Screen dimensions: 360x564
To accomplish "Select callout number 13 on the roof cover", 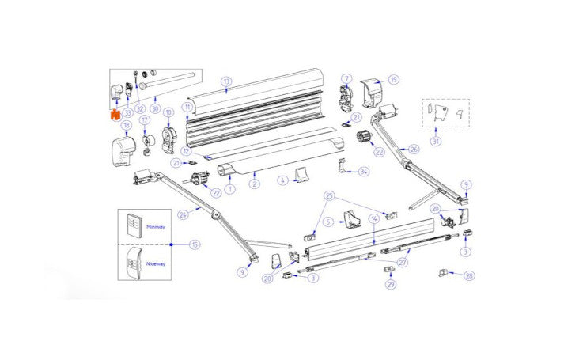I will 225,81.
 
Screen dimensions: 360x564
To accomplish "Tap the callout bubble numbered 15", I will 195,245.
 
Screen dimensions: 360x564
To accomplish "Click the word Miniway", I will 156,226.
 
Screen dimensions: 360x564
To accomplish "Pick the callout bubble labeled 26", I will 413,149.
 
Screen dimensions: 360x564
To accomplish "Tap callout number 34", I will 363,171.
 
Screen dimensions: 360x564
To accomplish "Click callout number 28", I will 470,275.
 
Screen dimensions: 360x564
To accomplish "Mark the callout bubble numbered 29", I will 391,284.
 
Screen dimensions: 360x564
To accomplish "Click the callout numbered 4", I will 281,181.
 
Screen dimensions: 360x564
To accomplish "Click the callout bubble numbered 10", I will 168,113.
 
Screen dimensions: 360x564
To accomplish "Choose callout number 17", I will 145,121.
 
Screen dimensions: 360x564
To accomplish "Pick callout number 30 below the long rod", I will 154,108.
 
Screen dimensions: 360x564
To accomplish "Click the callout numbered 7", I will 346,78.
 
